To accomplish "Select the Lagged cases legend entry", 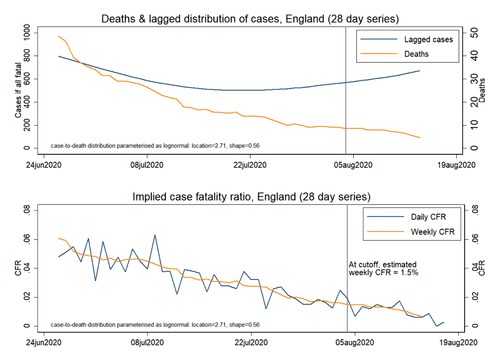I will coord(429,39).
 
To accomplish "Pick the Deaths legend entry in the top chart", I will coord(416,54).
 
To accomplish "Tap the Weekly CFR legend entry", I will coord(433,232).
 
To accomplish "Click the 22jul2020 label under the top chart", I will coord(250,165).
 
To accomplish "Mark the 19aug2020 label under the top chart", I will coord(458,165).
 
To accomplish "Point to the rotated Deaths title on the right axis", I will coord(482,91).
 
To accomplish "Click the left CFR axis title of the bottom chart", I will coord(18,268).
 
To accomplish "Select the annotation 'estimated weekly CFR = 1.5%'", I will coord(382,268).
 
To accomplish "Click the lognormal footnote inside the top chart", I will coord(155,145).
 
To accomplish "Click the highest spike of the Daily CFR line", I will coord(155,235).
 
